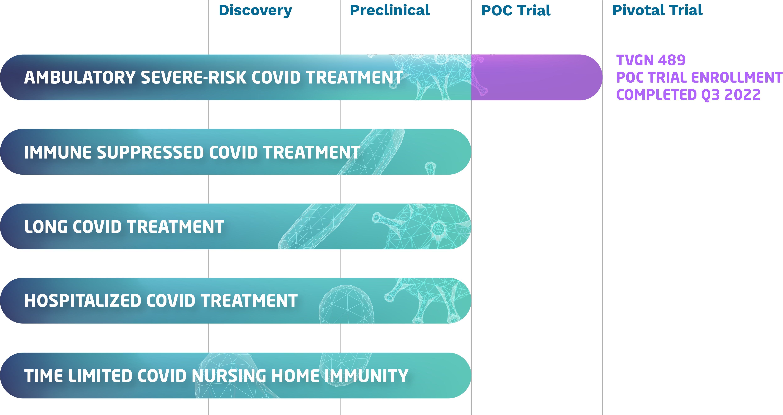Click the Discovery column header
pos(255,11)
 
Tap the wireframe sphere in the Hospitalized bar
pos(346,304)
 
